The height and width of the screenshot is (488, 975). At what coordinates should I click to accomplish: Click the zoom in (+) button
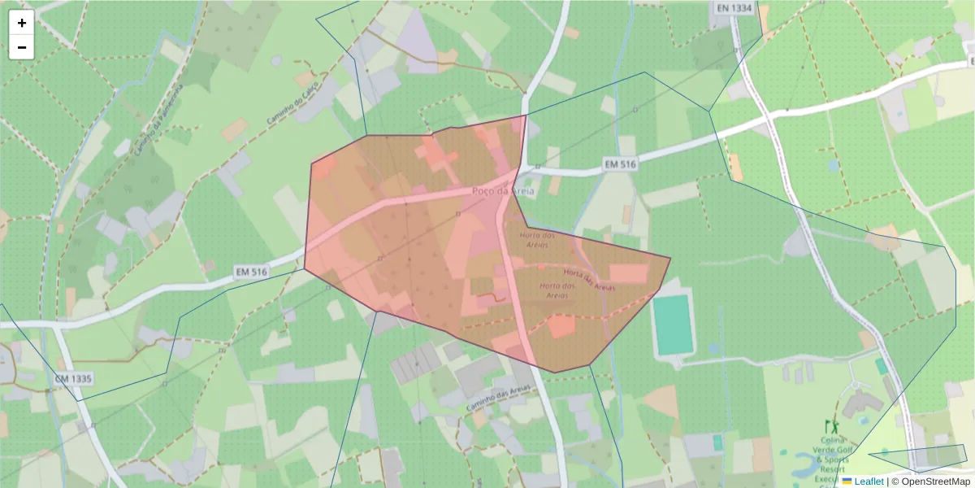22,23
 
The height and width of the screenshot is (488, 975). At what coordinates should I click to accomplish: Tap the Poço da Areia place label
503,191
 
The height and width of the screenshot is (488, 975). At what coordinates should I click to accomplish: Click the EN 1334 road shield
735,8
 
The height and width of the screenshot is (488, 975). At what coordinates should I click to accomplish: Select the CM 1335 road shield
74,379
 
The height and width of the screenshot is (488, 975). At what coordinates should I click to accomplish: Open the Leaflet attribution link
869,481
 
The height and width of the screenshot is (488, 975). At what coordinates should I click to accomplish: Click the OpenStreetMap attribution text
930,481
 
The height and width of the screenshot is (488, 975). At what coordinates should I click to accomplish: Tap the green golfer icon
830,427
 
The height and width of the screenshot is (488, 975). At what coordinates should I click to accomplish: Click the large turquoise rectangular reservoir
674,325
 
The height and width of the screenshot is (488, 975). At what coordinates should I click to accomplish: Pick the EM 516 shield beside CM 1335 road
251,272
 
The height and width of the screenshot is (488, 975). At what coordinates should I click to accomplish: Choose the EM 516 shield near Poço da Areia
620,164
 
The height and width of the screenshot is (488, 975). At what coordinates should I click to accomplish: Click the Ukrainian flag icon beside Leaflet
847,481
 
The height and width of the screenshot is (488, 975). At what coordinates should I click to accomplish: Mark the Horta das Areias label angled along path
589,281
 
